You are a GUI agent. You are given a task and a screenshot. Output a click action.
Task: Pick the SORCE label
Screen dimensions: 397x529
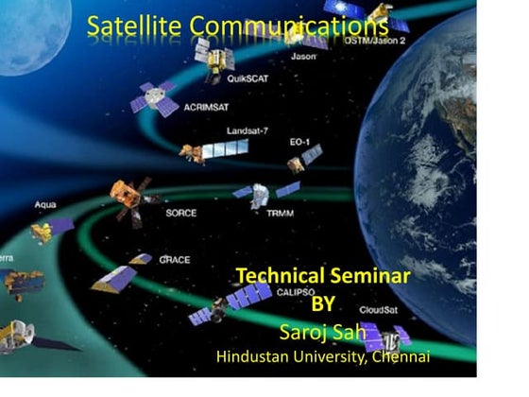coord(180,213)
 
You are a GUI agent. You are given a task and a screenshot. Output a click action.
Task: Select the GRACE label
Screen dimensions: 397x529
coord(175,258)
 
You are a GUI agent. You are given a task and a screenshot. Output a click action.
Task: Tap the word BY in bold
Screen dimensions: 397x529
coord(324,304)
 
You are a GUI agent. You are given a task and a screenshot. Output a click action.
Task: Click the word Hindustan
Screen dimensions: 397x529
coord(257,357)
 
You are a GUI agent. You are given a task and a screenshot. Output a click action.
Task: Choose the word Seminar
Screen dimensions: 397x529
coord(369,276)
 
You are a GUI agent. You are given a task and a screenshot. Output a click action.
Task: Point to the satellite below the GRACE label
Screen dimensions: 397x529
coord(115,278)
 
